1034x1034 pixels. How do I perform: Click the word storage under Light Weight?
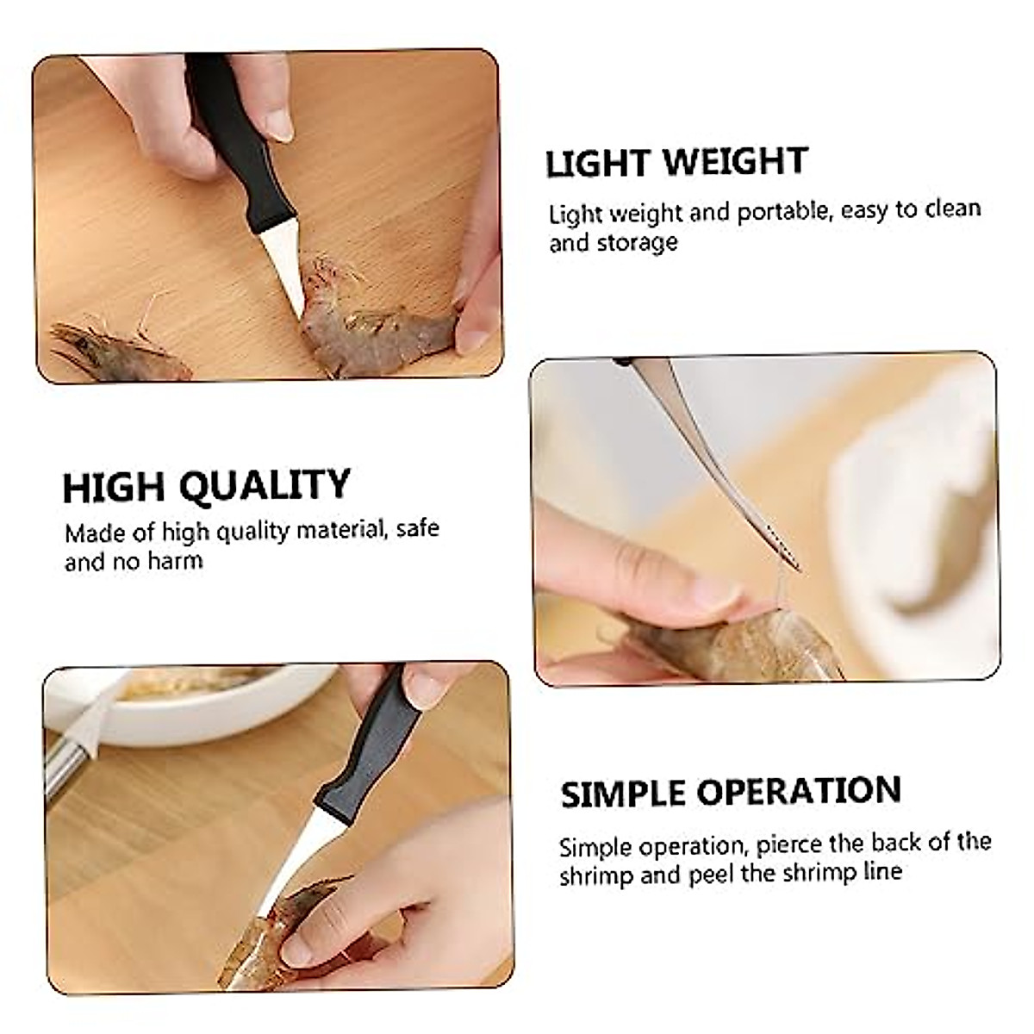[637, 243]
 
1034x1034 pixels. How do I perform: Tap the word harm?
[175, 561]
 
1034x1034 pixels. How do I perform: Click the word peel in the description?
[710, 874]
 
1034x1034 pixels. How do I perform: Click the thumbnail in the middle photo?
[710, 594]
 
